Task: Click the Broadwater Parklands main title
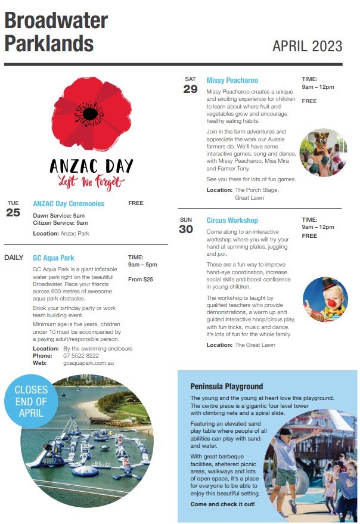tap(56, 32)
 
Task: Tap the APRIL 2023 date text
tap(307, 46)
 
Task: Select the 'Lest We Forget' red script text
tap(83, 182)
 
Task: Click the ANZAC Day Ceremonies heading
tap(69, 204)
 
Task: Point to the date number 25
tap(13, 212)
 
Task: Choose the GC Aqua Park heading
tap(54, 258)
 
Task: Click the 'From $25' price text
tap(140, 279)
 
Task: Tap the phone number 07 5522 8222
tap(81, 355)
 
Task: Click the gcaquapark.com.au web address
tap(88, 362)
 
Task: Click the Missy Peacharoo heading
tap(232, 80)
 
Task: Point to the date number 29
tap(190, 89)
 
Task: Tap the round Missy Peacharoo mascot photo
tap(322, 153)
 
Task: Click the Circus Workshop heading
tap(232, 221)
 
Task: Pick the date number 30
tap(186, 230)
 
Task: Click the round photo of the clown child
tap(324, 300)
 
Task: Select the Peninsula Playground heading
tap(226, 386)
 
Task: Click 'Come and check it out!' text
tap(222, 504)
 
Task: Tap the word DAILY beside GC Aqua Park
tap(14, 258)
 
